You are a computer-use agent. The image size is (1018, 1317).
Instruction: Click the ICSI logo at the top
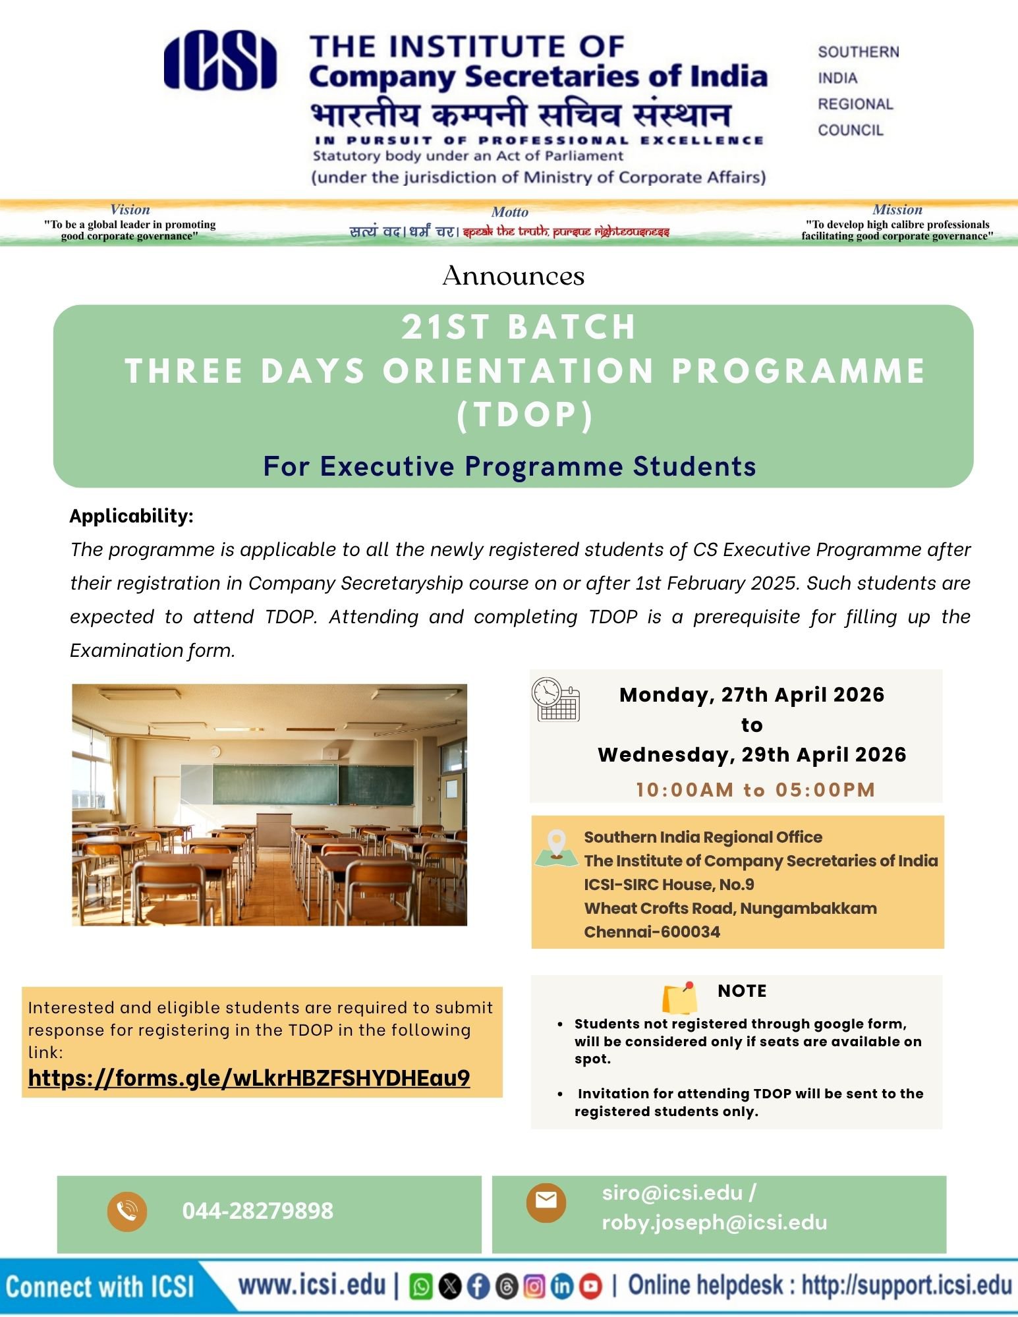[220, 60]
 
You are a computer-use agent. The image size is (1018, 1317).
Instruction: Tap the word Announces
[513, 276]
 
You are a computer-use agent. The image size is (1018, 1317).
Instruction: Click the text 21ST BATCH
[519, 327]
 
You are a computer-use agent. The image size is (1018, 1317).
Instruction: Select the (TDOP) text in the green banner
[525, 415]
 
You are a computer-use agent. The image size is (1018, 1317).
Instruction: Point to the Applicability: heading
[131, 516]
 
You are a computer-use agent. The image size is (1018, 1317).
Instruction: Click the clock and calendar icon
[555, 699]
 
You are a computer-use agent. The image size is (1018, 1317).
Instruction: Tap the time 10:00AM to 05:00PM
[755, 789]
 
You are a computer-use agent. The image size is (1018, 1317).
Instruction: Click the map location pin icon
[557, 847]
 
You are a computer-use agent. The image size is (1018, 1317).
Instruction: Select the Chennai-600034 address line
[652, 932]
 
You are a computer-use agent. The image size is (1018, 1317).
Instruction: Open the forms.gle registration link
[249, 1078]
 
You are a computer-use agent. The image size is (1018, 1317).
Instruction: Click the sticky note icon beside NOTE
[679, 998]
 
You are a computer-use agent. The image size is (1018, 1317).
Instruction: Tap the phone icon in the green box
[127, 1211]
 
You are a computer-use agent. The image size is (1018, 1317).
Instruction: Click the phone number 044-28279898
[258, 1211]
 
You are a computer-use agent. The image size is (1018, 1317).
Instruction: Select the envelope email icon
[546, 1201]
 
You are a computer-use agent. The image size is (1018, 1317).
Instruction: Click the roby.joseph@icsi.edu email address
[714, 1223]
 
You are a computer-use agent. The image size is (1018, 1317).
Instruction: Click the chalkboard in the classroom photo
[297, 784]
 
